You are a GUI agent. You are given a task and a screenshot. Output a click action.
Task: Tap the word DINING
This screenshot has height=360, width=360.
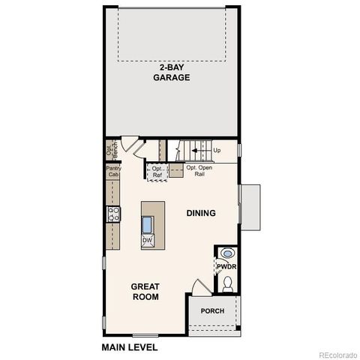point(201,213)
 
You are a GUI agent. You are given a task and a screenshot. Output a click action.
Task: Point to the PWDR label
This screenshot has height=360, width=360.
point(226,266)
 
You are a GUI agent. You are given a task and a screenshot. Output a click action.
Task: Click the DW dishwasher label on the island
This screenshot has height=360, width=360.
point(148,239)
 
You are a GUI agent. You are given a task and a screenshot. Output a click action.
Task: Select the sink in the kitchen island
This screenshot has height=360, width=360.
point(148,223)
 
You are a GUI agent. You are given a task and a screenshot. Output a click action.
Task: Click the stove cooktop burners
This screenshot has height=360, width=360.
point(115,214)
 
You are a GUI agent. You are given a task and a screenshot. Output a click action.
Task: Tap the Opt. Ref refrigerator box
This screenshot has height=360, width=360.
point(157,172)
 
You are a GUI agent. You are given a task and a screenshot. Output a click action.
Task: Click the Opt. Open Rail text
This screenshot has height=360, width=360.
point(199,170)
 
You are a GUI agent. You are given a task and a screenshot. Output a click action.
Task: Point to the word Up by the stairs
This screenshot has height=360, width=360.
point(217,151)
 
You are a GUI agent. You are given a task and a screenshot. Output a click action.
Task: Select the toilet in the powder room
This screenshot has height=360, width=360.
point(228,283)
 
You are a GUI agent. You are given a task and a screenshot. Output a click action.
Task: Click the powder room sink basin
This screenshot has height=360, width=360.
point(227,253)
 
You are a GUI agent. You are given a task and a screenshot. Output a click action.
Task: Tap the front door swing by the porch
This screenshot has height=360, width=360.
point(198,289)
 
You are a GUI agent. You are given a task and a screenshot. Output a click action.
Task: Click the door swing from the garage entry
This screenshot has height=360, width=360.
point(128,145)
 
